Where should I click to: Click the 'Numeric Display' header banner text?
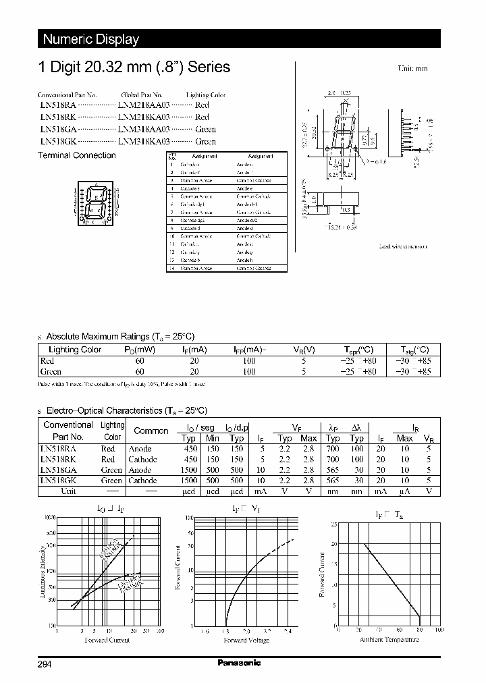(x=90, y=39)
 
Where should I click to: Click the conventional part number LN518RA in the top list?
(x=57, y=106)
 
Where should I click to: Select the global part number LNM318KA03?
(x=144, y=142)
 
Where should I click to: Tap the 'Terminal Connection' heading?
(x=76, y=155)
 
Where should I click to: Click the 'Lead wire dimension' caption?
(x=402, y=247)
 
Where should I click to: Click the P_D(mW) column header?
(x=140, y=350)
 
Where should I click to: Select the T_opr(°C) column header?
(x=358, y=350)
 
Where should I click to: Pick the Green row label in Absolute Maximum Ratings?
(x=51, y=371)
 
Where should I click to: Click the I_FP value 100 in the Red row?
(x=249, y=361)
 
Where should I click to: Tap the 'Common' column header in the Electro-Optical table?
(x=151, y=431)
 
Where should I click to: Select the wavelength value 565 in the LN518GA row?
(x=333, y=470)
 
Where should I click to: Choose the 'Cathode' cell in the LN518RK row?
(x=142, y=460)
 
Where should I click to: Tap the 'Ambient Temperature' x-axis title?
(x=387, y=639)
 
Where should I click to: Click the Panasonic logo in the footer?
(x=239, y=663)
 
